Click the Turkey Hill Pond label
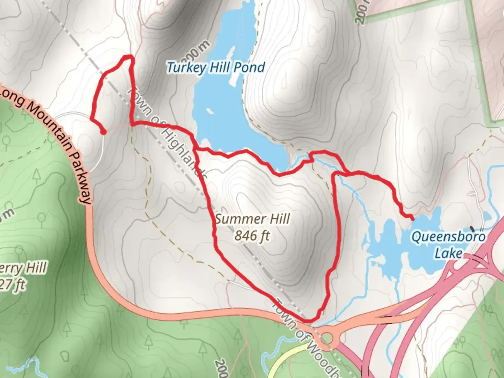pyautogui.click(x=216, y=67)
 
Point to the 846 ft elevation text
pyautogui.click(x=252, y=236)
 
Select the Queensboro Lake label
pyautogui.click(x=448, y=244)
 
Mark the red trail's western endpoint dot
pyautogui.click(x=104, y=132)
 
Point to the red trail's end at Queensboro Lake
pyautogui.click(x=412, y=219)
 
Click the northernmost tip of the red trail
pyautogui.click(x=128, y=56)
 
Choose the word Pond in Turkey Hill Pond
pyautogui.click(x=249, y=67)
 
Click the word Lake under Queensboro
pyautogui.click(x=448, y=253)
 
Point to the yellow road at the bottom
pyautogui.click(x=280, y=364)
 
